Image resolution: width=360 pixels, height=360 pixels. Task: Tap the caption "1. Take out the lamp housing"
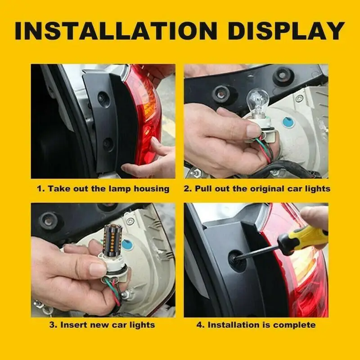tap(103, 189)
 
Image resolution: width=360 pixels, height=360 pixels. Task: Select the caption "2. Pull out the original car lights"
tap(256, 189)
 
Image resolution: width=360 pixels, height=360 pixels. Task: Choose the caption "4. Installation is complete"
tap(256, 324)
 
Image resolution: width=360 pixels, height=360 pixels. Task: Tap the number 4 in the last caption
tap(198, 324)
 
